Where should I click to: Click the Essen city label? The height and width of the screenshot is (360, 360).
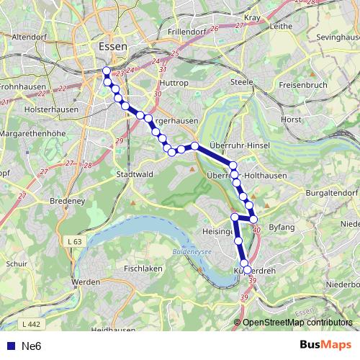(112, 47)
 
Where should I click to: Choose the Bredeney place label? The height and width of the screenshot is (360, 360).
(68, 203)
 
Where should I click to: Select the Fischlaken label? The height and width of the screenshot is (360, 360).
(143, 269)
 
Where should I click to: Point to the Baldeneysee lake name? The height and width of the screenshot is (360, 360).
(191, 252)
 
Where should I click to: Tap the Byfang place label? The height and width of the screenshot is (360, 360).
(282, 228)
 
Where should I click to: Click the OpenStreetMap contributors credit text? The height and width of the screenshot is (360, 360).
(297, 323)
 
